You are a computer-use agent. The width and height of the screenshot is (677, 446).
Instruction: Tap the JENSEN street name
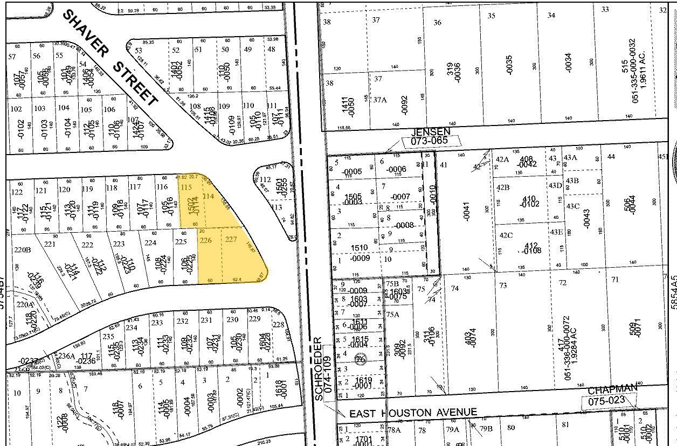pos(430,131)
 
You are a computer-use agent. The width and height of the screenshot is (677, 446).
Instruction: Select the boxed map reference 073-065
pos(432,141)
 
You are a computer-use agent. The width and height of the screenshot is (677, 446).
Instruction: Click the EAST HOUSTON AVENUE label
pos(413,413)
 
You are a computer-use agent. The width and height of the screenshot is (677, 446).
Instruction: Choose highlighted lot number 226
pos(205,240)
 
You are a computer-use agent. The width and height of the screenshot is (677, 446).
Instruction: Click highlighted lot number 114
pos(209,197)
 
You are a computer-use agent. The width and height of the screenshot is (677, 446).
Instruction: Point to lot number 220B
pos(20,250)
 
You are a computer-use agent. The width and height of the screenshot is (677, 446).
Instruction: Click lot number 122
pos(17,192)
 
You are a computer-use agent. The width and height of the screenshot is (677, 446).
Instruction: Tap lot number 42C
pos(506,235)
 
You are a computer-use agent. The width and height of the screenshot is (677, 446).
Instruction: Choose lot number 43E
pos(556,232)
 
